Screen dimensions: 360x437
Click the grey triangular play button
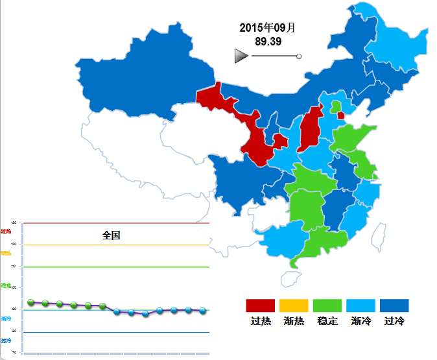[241, 56]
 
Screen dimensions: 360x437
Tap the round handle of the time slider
[299, 56]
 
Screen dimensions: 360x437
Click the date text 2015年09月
[267, 28]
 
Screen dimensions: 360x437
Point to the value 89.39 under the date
[268, 42]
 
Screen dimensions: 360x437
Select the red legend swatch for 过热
[261, 306]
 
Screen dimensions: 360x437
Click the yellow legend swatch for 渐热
[294, 306]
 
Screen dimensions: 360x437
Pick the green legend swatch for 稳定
[327, 306]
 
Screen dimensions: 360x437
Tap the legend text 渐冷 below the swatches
[361, 320]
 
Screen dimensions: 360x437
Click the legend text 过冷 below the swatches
[394, 320]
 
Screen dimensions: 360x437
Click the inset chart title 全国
[112, 235]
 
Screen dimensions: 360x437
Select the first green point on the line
[31, 302]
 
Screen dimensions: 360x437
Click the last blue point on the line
[202, 311]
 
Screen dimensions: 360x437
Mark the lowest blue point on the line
[145, 314]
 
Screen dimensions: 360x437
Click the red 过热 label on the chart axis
[6, 231]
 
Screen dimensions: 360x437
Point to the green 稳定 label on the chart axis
[6, 285]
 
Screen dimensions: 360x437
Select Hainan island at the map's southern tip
[290, 279]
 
